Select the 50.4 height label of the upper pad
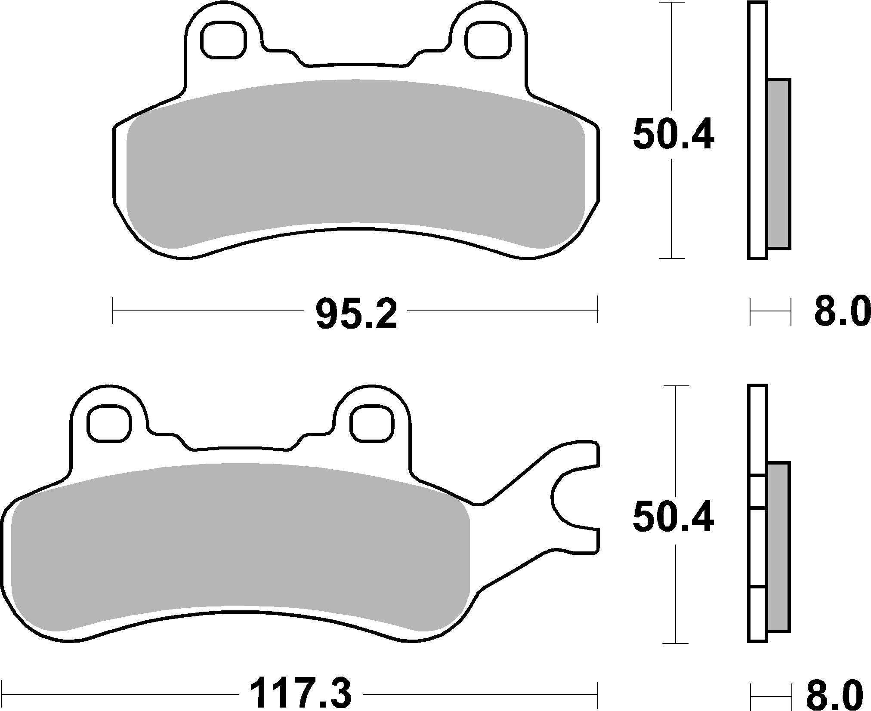[x=673, y=134]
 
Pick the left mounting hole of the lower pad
[x=109, y=423]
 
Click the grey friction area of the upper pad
[x=355, y=163]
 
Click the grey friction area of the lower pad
[x=239, y=546]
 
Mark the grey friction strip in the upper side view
[x=778, y=163]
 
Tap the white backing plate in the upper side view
[x=757, y=129]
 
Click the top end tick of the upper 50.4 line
[x=672, y=3]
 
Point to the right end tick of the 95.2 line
[x=597, y=310]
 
